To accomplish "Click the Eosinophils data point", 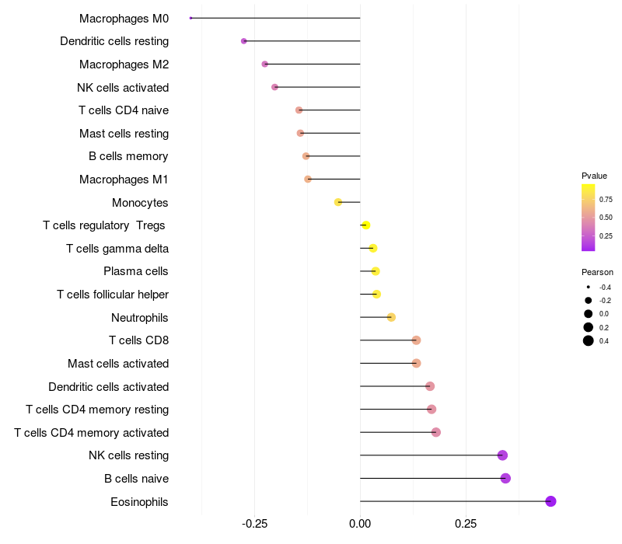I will [x=550, y=501].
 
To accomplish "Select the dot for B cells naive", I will [x=505, y=478].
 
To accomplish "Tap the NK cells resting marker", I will [x=502, y=455].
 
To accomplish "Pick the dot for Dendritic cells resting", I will [x=244, y=41].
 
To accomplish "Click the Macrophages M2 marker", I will [x=265, y=64].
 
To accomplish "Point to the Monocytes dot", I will [x=338, y=202].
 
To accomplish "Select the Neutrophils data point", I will [x=391, y=317].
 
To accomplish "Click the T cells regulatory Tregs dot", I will [x=365, y=225].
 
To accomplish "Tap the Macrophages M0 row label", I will [x=124, y=18].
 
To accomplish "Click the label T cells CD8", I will [x=138, y=340].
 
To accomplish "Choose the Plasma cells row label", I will [x=135, y=271].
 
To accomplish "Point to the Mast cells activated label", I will [x=118, y=363].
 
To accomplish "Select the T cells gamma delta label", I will [x=117, y=249].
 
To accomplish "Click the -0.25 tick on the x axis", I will [x=254, y=524].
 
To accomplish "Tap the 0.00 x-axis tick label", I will [x=360, y=524].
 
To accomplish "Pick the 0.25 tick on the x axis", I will [x=466, y=524].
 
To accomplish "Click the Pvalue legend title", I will [x=594, y=176].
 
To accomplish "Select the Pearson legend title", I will [x=597, y=272].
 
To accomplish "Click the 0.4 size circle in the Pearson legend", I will [x=589, y=340].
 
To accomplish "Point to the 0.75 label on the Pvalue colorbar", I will [x=606, y=199].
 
